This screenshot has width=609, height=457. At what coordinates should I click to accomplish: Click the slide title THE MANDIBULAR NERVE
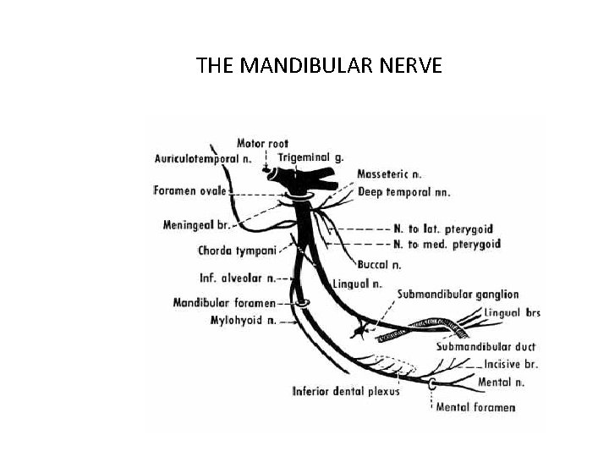click(319, 65)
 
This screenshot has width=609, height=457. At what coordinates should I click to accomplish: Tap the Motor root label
click(262, 144)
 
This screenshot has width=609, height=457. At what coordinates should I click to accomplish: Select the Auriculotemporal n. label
click(203, 158)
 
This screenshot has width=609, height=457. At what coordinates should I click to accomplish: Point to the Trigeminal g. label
click(310, 158)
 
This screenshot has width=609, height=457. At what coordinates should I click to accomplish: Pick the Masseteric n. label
click(389, 174)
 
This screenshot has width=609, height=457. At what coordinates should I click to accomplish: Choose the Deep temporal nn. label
click(403, 192)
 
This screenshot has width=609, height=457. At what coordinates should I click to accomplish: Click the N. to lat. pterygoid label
click(443, 228)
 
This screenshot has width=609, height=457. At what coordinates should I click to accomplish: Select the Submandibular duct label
click(486, 347)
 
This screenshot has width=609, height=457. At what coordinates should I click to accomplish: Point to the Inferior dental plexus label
click(346, 391)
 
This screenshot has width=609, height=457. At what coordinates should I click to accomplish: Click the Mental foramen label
click(475, 407)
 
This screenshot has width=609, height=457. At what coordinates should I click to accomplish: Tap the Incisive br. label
click(512, 365)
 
